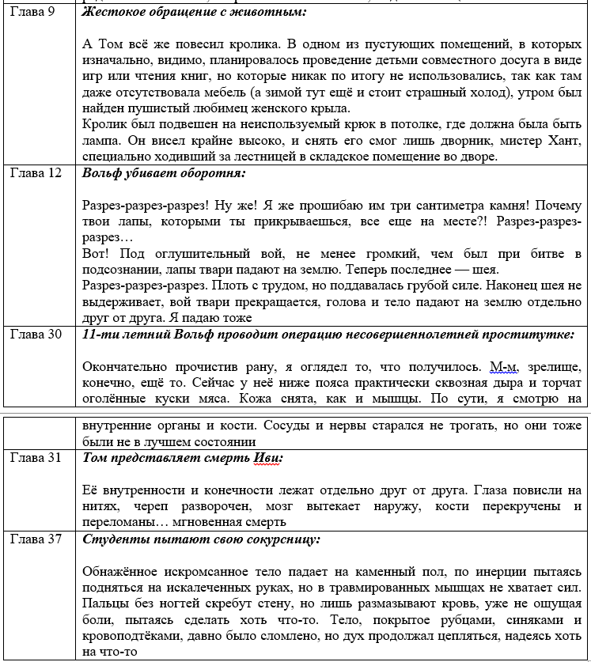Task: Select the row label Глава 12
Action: (36, 174)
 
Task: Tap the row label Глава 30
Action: (36, 335)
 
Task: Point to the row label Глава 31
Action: (36, 458)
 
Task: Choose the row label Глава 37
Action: (36, 539)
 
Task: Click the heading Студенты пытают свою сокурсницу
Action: (202, 539)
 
